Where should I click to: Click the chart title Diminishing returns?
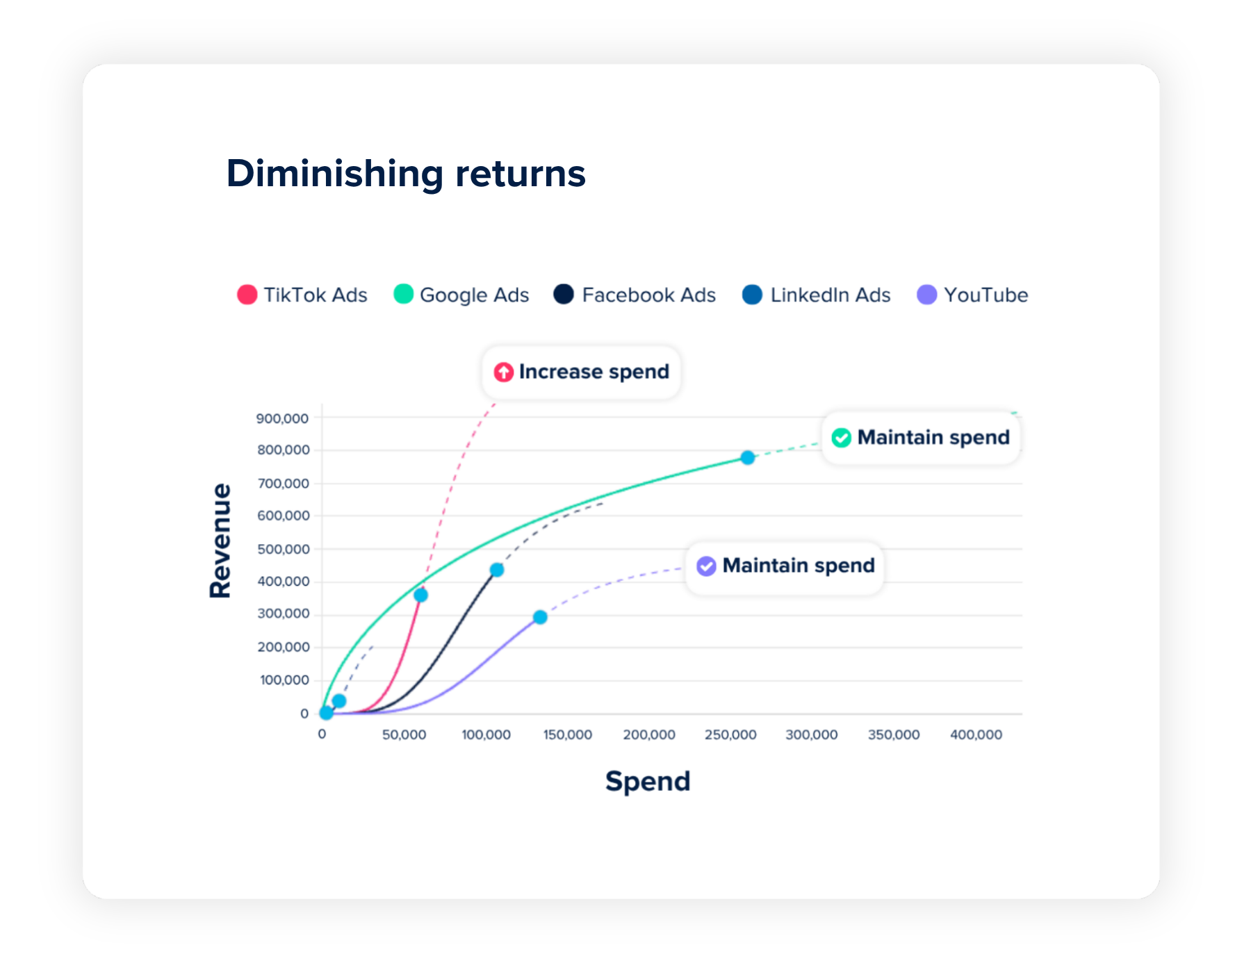pyautogui.click(x=406, y=173)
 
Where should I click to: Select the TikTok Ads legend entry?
pyautogui.click(x=302, y=295)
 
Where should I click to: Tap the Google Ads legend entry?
pyautogui.click(x=461, y=295)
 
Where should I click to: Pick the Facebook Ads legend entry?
pyautogui.click(x=635, y=295)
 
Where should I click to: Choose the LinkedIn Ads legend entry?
pyautogui.click(x=817, y=295)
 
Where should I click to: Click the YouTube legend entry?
pyautogui.click(x=972, y=295)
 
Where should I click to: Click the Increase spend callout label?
pyautogui.click(x=582, y=372)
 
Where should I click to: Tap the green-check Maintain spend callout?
pyautogui.click(x=921, y=438)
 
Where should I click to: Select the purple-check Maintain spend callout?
pyautogui.click(x=785, y=566)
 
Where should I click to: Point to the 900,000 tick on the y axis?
pyautogui.click(x=283, y=418)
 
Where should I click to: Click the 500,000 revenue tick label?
pyautogui.click(x=284, y=549)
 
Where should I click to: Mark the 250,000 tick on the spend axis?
pyautogui.click(x=730, y=735)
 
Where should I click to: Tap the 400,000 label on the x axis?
pyautogui.click(x=976, y=735)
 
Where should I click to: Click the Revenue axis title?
pyautogui.click(x=221, y=541)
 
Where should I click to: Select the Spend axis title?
pyautogui.click(x=648, y=782)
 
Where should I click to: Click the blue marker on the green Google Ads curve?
pyautogui.click(x=747, y=458)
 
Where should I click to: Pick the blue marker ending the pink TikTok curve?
pyautogui.click(x=420, y=595)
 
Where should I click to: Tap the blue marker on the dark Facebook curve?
pyautogui.click(x=497, y=570)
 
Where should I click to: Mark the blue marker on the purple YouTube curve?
pyautogui.click(x=540, y=617)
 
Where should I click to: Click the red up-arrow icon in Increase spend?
pyautogui.click(x=503, y=372)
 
